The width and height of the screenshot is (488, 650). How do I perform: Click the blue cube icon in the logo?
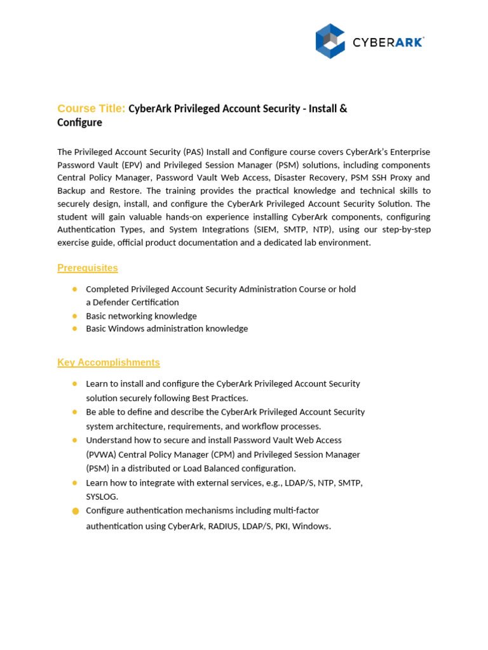coord(330,41)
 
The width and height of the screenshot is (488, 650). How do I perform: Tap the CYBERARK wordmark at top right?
coord(388,43)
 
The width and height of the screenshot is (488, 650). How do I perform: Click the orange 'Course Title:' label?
coord(91,109)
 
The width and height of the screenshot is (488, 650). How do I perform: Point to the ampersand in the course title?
coord(343,109)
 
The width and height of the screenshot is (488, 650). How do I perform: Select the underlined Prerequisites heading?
coord(88,268)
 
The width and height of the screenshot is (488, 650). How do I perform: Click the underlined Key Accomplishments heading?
coord(109,362)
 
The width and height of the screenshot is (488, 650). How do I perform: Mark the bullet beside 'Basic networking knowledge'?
coord(74,315)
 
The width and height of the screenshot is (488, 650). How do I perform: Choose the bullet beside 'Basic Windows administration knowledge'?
coord(74,328)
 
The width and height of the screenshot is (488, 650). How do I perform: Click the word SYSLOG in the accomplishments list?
coord(102,496)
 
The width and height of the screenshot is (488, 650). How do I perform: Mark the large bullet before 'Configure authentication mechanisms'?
coord(76,511)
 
